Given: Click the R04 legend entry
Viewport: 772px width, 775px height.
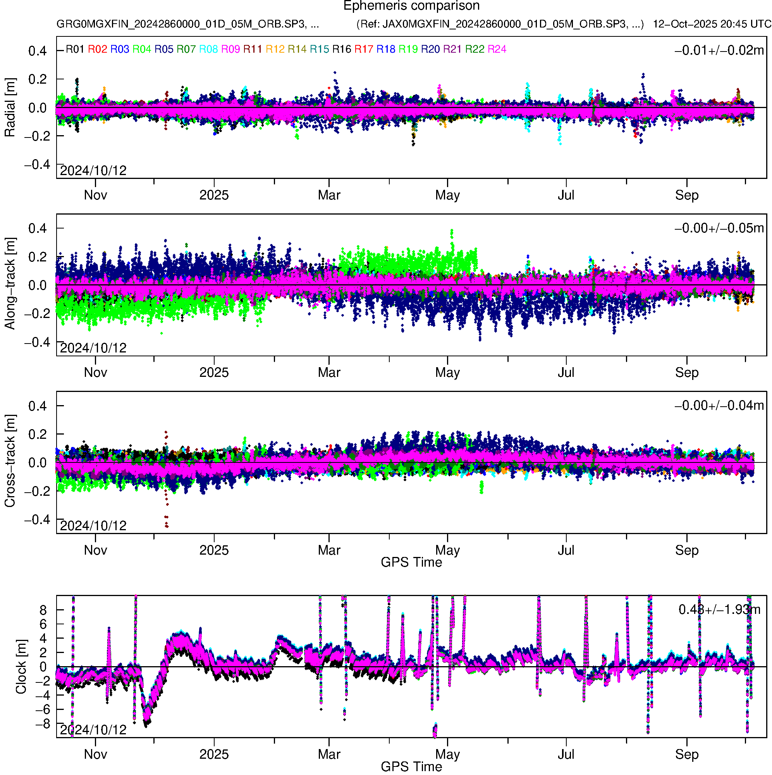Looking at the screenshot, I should [142, 49].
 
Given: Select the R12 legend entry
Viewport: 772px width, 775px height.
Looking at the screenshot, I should [275, 49].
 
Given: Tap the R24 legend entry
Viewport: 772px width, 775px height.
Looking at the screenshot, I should [497, 49].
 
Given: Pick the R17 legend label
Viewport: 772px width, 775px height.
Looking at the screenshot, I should [363, 49].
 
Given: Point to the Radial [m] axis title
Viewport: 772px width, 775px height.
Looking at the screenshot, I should [10, 108].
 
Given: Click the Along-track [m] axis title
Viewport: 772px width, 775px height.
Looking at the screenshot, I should [10, 284].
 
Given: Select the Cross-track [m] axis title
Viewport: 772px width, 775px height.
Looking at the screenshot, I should [10, 461].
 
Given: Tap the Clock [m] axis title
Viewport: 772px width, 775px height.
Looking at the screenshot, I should [21, 667].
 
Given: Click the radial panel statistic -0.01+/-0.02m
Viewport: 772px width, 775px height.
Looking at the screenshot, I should [719, 50].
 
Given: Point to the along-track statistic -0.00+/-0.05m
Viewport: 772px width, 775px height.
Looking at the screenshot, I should [719, 228].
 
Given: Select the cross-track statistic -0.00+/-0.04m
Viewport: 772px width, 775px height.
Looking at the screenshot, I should [719, 406].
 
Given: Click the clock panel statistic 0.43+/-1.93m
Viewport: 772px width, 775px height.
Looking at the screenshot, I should [719, 610].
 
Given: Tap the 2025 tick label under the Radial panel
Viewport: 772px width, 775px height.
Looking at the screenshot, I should [214, 195].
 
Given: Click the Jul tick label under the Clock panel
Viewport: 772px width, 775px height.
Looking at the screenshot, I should [566, 754].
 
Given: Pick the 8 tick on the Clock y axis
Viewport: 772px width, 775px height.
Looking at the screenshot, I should [43, 610].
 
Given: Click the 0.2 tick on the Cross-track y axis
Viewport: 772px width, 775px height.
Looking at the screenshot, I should [37, 435].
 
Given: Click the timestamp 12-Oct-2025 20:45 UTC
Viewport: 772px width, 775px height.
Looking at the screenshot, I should [712, 24].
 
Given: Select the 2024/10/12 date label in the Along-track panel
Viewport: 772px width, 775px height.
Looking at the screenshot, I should [93, 348].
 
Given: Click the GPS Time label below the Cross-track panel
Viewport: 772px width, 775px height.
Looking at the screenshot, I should [411, 562].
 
